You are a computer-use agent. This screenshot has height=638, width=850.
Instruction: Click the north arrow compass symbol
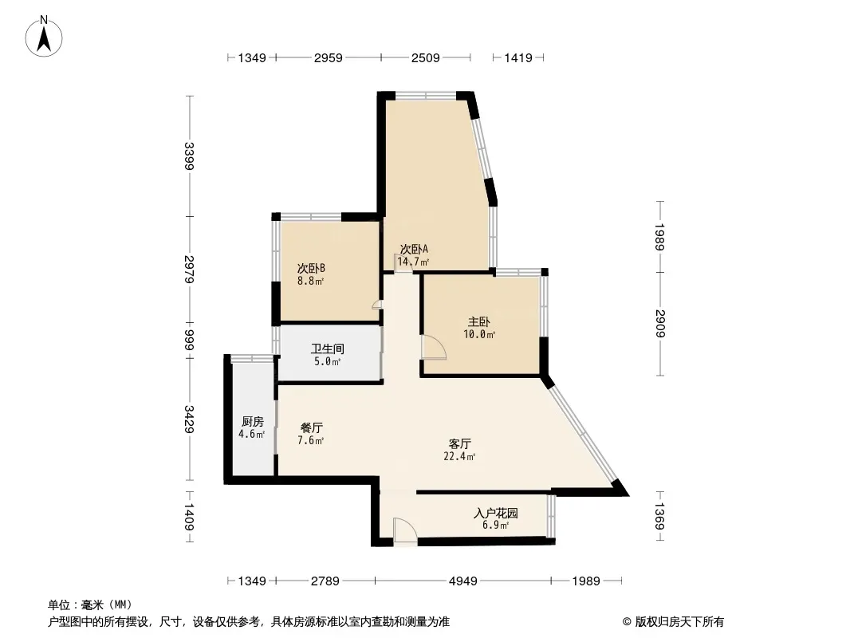pos(44,37)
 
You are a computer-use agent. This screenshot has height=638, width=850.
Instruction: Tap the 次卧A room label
pos(414,249)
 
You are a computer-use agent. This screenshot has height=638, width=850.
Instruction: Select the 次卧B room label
pos(311,268)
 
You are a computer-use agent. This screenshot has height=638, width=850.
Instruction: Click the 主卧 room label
pos(479,321)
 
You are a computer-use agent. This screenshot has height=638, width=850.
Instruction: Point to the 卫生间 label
pos(328,349)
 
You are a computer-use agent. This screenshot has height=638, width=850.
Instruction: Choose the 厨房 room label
pos(253,421)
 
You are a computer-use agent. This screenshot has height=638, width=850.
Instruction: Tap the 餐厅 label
pos(312,427)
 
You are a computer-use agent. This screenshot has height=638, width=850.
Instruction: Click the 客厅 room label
pos(460,444)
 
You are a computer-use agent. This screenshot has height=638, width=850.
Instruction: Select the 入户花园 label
pos(495,513)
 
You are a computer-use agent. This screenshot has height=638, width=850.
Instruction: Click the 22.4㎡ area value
pos(460,456)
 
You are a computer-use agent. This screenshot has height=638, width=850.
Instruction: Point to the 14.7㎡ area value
pos(414,262)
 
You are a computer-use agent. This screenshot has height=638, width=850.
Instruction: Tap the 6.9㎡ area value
pos(495,526)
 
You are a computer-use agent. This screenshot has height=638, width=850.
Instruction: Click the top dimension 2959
pos(328,57)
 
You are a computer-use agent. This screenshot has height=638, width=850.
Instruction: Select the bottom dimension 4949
pos(463,581)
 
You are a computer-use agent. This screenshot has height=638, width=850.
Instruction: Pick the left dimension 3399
pos(189,156)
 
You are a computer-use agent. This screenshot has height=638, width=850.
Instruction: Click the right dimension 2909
pos(659,324)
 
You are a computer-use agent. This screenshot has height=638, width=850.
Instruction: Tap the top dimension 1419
pos(518,57)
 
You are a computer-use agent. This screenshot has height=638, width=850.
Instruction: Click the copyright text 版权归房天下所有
pos(679,622)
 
